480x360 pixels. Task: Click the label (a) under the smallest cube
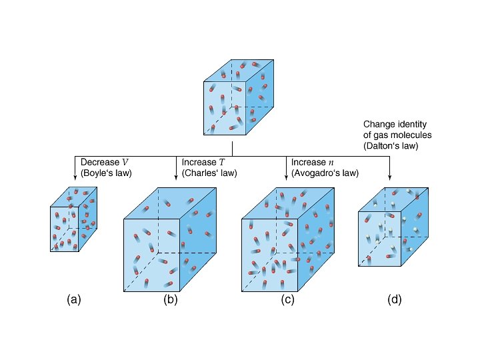pos(74,300)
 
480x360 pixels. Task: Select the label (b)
pos(171,300)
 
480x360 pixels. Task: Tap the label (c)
pos(288,300)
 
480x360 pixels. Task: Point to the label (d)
pos(394,300)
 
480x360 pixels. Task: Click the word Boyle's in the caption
pos(98,173)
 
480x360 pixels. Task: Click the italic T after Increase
pos(221,163)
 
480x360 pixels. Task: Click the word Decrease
pos(99,163)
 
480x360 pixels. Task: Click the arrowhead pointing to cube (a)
pos(75,177)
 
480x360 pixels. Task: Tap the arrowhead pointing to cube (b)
pos(177,177)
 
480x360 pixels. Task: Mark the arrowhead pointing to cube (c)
pos(287,177)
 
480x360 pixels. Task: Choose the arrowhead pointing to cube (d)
pos(390,177)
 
